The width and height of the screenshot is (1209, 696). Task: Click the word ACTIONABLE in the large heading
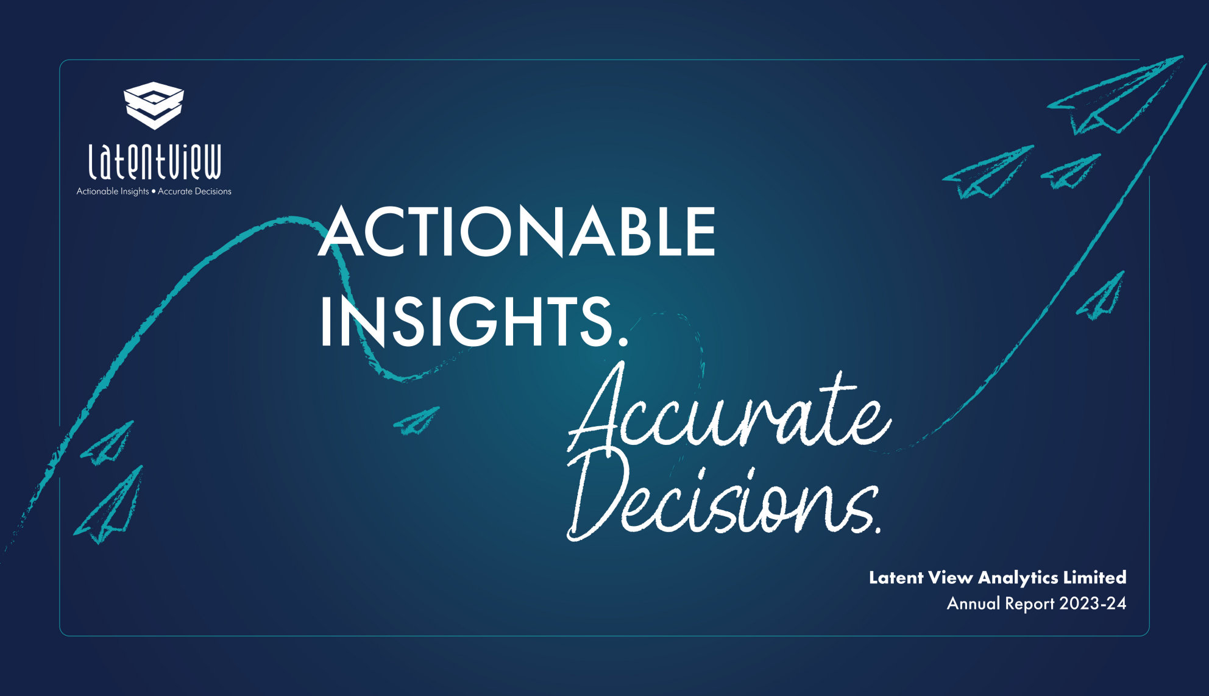point(517,232)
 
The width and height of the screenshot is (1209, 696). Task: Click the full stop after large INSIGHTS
point(622,341)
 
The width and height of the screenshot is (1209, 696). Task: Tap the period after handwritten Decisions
point(877,530)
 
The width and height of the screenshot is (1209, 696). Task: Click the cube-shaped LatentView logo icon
point(154,105)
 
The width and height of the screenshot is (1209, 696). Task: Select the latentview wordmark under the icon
point(154,162)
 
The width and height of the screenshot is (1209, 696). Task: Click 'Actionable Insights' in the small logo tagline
point(113,191)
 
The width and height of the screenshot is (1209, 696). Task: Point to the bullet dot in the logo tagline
point(154,191)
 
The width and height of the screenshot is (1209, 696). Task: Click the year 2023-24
point(1093,603)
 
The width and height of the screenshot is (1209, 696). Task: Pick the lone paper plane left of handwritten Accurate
point(417,421)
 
